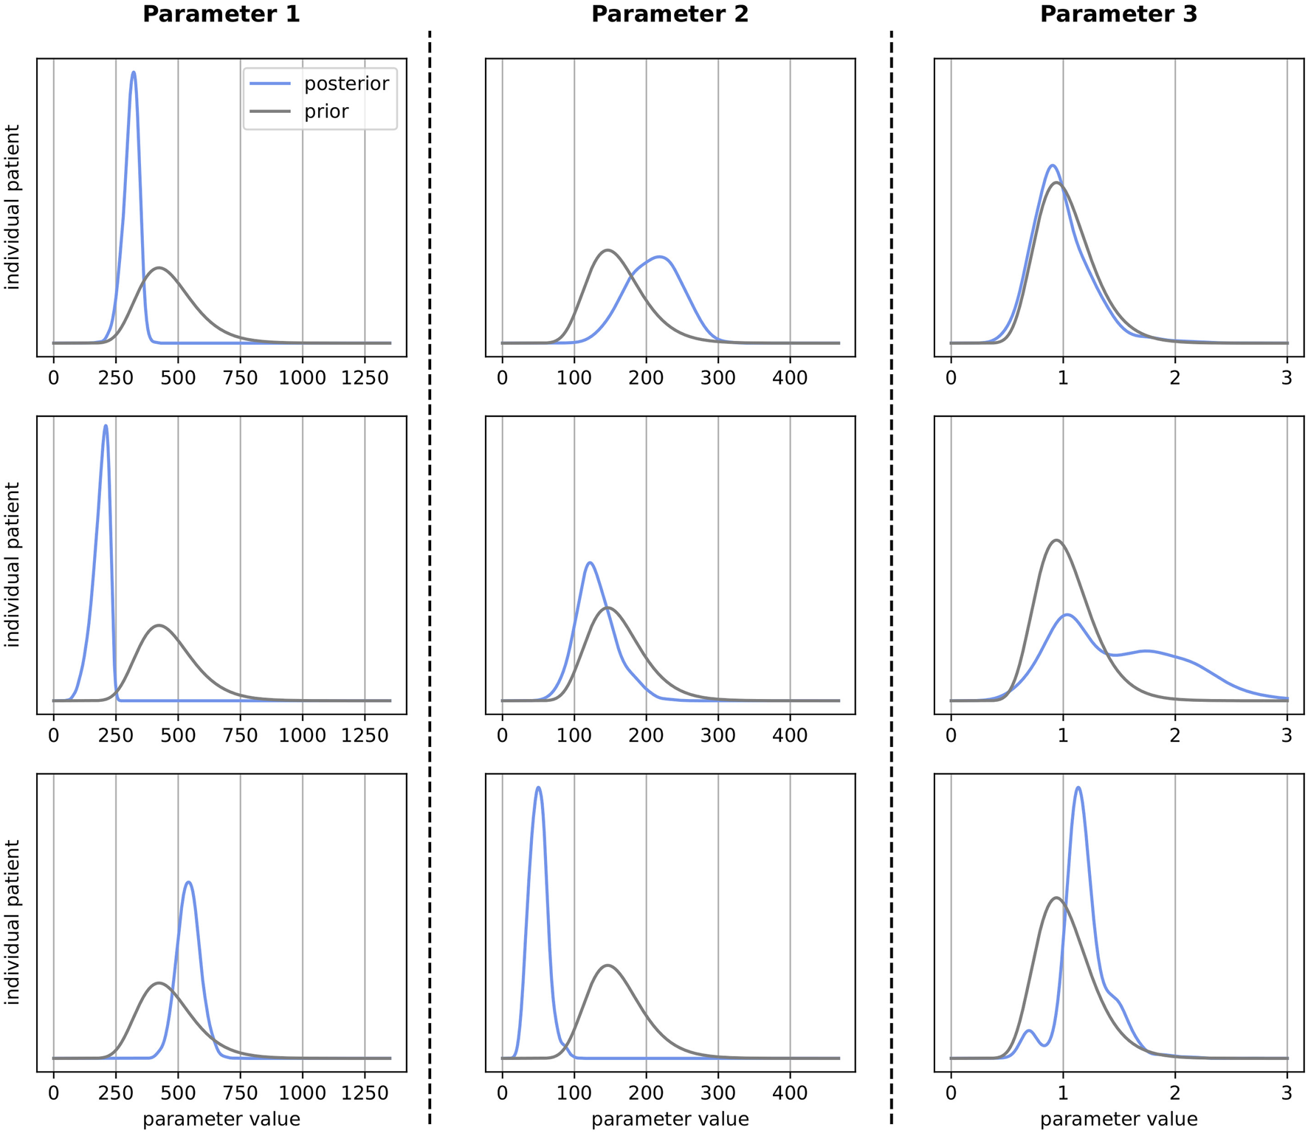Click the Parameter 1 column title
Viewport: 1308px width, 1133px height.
221,14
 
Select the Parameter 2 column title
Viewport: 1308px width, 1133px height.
670,14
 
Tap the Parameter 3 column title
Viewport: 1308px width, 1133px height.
1118,14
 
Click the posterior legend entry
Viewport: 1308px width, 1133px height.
346,83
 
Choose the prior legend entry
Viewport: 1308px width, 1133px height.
326,111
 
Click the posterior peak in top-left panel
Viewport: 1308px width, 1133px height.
133,72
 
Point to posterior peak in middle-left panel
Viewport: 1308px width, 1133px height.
106,426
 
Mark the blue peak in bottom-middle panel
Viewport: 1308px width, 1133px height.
538,788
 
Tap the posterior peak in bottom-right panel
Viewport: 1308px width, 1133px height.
1078,788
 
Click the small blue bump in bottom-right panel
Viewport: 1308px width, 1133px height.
1029,1030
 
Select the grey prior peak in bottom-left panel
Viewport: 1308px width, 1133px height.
158,983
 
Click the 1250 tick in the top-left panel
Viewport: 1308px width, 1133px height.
365,379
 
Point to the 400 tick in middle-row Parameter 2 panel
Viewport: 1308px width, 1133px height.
790,736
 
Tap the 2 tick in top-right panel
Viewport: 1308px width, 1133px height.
1175,379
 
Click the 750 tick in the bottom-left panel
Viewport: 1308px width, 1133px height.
240,1093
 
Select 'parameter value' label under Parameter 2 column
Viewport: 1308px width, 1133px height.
670,1120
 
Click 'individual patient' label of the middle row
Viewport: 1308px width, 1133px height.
13,565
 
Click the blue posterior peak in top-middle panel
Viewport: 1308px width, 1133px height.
661,257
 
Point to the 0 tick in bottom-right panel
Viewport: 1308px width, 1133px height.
951,1093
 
